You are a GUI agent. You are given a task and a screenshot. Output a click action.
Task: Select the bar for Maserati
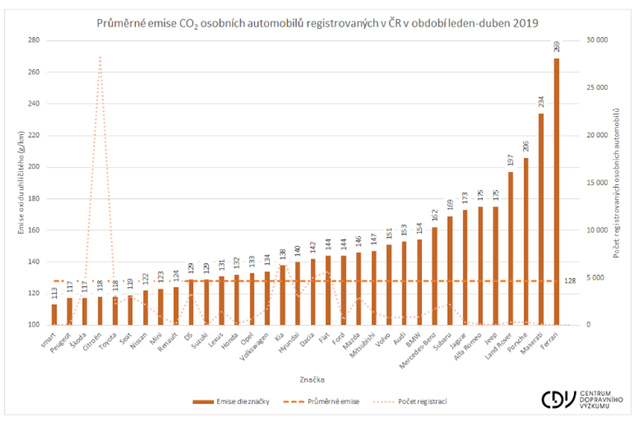click(541, 219)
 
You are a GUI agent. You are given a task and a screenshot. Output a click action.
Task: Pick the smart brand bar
click(54, 315)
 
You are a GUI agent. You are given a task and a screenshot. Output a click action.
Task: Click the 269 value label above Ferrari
click(556, 47)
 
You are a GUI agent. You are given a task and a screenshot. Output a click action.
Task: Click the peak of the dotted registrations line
click(100, 57)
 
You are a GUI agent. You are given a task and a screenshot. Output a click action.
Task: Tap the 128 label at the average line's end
click(570, 281)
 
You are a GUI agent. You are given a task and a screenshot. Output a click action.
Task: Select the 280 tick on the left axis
click(33, 40)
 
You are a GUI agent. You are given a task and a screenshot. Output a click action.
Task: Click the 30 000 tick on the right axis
click(597, 40)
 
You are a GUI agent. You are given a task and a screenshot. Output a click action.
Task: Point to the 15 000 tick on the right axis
click(597, 183)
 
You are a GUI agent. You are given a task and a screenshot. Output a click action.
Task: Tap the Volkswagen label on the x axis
click(254, 347)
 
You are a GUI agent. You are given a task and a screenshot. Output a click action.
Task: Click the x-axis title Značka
click(312, 380)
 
